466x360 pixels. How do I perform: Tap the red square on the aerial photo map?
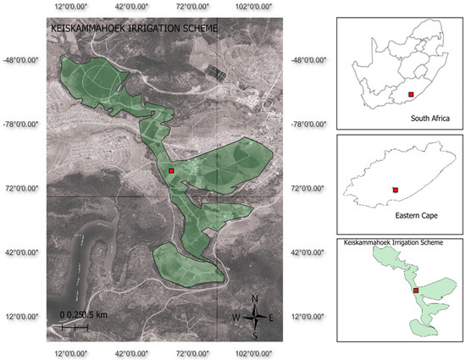(171, 170)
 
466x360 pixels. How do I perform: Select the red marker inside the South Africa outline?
(411, 95)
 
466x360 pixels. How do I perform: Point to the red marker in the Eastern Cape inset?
(395, 190)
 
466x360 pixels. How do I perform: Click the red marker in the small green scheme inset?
(415, 291)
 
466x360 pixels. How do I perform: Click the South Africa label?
(429, 119)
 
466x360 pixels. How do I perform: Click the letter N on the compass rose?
(256, 298)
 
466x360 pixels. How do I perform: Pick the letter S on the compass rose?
(256, 335)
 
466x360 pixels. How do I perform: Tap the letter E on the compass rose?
(271, 318)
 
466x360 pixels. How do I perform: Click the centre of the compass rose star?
(255, 318)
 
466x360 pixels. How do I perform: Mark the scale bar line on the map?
(75, 326)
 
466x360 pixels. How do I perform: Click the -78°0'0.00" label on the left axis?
(25, 124)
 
